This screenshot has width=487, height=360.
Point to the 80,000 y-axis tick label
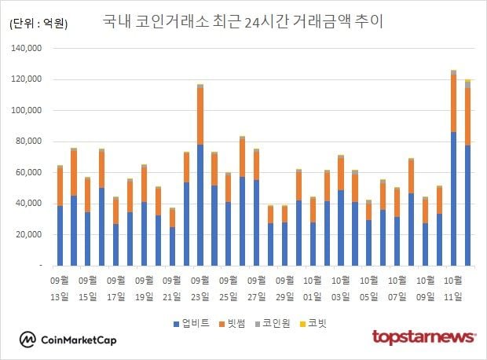click(32, 141)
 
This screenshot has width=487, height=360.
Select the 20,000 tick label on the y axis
click(32, 235)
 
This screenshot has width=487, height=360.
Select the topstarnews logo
click(423, 337)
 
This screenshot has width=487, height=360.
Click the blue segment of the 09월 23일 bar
click(200, 204)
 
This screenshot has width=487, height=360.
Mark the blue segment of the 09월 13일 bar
click(60, 236)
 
